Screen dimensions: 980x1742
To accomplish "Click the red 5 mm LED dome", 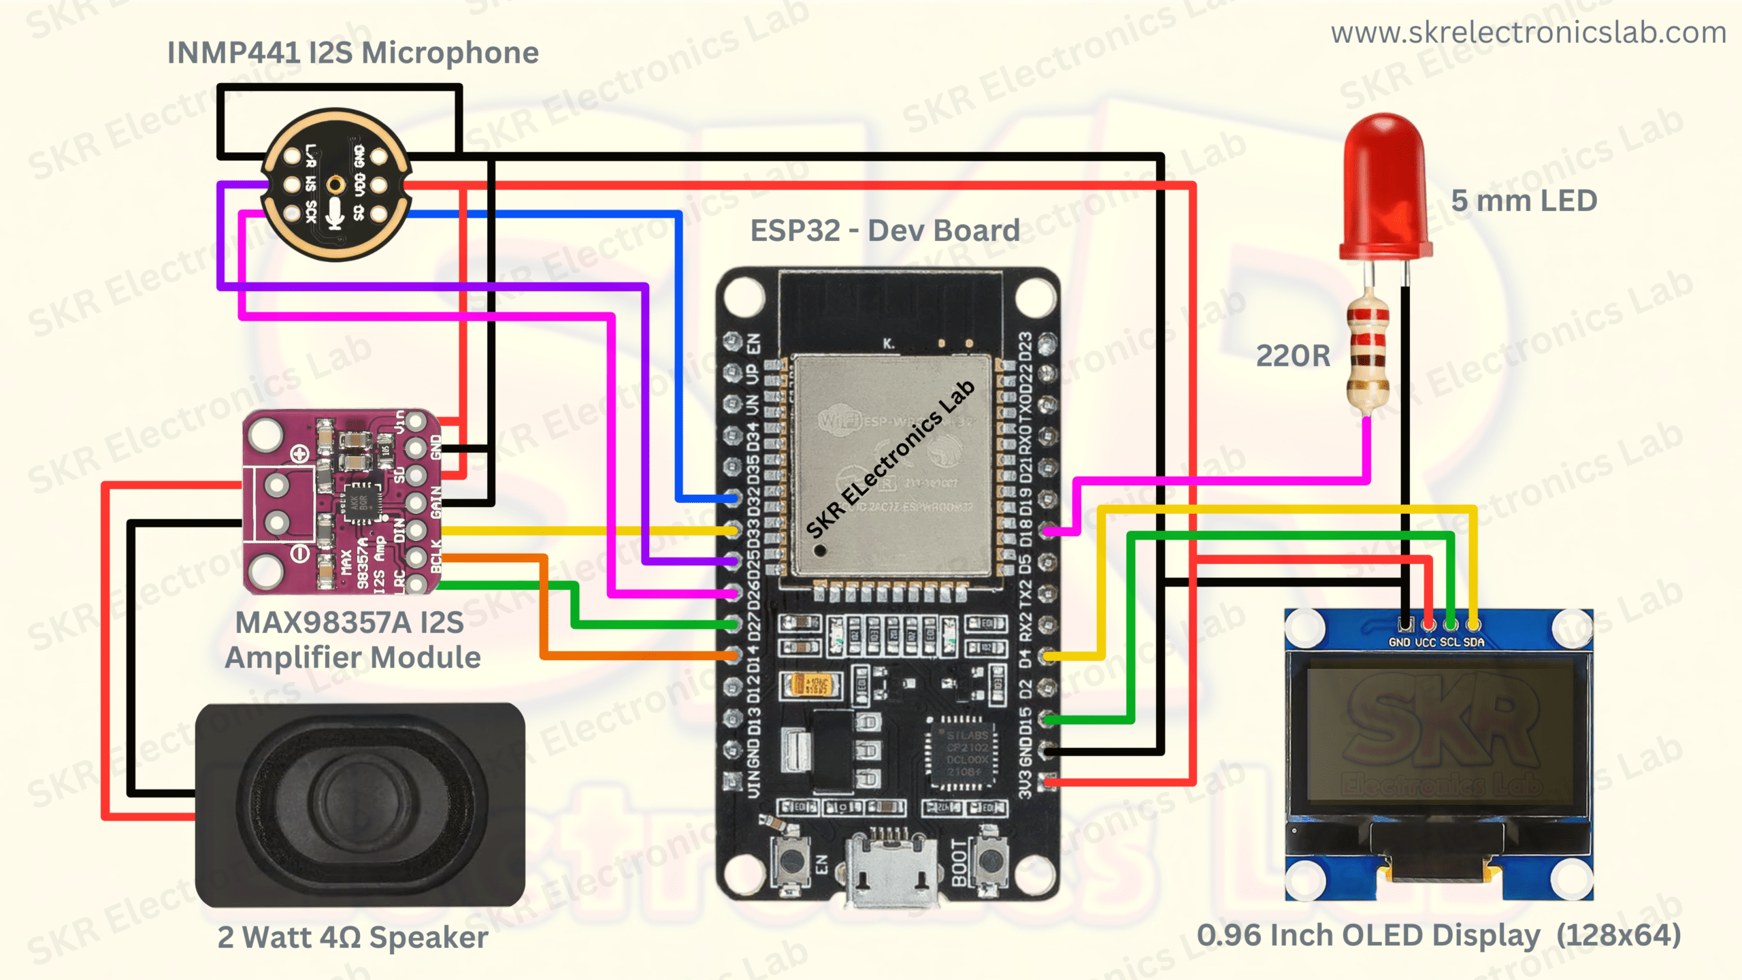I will point(1385,184).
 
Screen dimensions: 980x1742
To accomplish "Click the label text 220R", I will point(1292,356).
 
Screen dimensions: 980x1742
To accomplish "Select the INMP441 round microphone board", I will point(335,184).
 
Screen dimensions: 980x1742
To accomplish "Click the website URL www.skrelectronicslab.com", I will point(1528,33).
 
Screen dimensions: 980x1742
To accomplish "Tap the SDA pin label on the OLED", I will point(1474,642).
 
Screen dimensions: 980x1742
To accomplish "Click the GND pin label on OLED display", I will point(1399,642).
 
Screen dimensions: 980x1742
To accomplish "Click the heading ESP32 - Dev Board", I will point(885,231).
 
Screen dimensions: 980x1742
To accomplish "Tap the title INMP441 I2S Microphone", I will point(352,53).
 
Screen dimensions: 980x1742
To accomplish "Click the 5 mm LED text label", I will point(1524,201).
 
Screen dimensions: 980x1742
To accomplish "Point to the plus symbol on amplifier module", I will point(299,454).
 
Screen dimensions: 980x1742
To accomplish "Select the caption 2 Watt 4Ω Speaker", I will point(352,937).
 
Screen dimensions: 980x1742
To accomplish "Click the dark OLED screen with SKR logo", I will point(1439,735).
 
